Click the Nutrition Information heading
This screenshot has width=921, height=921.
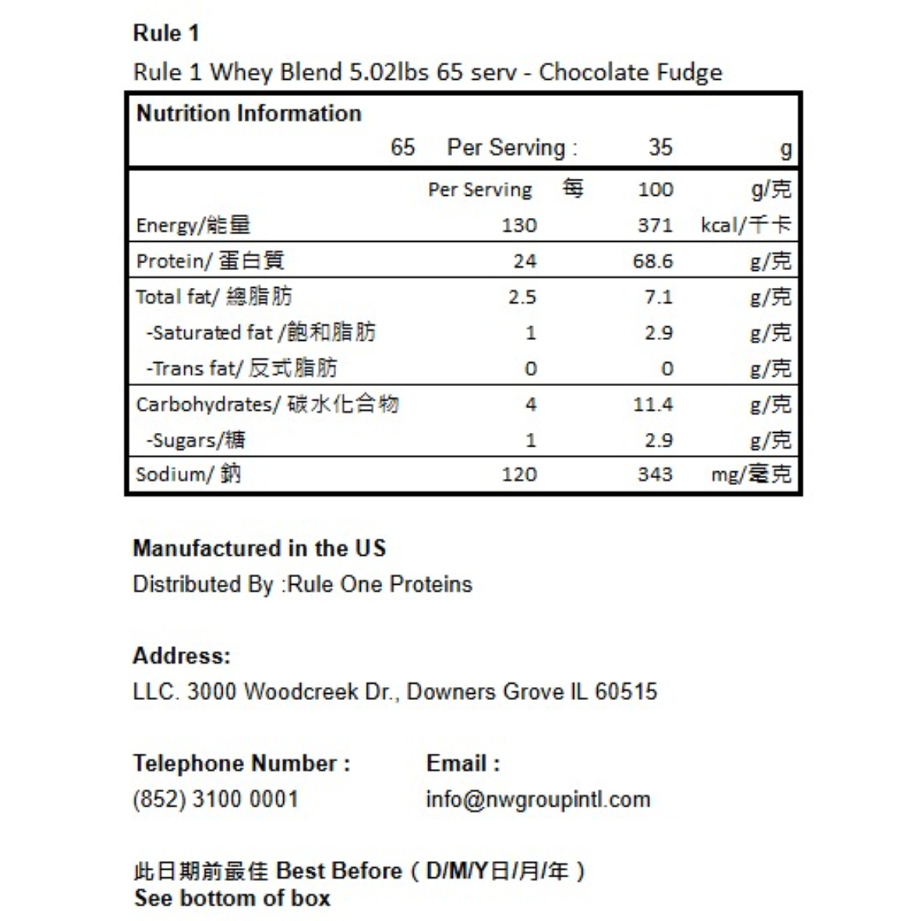click(x=249, y=114)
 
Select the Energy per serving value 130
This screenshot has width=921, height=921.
click(x=519, y=225)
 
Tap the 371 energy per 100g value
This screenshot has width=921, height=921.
click(x=655, y=225)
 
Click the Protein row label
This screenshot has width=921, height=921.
click(x=210, y=261)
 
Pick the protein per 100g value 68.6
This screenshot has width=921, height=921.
click(x=652, y=261)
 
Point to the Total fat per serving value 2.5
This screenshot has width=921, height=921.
click(x=522, y=297)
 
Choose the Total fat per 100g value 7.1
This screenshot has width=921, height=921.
click(x=658, y=297)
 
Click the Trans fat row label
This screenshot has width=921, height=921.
click(x=241, y=368)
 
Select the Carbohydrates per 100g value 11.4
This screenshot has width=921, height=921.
click(x=652, y=404)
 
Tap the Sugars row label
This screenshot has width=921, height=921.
click(x=196, y=440)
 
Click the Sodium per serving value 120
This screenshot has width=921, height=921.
click(x=519, y=474)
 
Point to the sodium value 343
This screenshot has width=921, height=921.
click(x=655, y=474)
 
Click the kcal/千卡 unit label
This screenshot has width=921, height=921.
click(x=745, y=225)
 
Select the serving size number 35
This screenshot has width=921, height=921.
click(x=660, y=147)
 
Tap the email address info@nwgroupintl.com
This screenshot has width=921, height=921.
click(x=538, y=799)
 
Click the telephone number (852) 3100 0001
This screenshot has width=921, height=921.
click(x=215, y=799)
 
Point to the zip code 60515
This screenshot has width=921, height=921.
click(x=626, y=692)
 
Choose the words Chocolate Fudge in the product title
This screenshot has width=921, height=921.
click(x=630, y=72)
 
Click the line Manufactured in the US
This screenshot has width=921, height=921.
click(x=259, y=548)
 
